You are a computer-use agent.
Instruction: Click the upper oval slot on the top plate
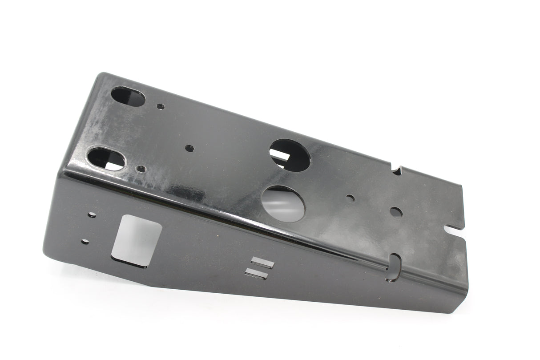[128, 97]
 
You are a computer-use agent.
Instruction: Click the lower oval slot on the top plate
[106, 159]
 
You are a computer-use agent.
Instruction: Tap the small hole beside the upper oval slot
[161, 106]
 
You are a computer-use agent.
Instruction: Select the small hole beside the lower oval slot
[141, 169]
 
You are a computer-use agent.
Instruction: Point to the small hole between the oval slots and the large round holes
[189, 148]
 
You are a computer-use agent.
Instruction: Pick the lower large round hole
[283, 204]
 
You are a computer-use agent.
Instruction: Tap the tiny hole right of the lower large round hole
[351, 198]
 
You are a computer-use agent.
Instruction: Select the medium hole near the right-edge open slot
[396, 212]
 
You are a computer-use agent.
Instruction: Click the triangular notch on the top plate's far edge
[397, 170]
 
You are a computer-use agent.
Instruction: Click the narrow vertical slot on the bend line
[394, 267]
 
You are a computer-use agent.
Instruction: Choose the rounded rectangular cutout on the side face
[136, 241]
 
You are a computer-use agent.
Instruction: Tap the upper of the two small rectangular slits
[262, 263]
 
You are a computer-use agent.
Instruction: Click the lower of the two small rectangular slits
[257, 274]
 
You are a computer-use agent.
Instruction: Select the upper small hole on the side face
[92, 215]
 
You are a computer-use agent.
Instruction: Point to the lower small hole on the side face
[85, 242]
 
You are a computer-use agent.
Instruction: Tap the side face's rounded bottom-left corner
[47, 256]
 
